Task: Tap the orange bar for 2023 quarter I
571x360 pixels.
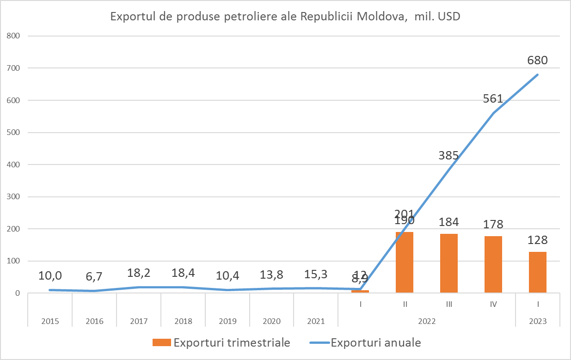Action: [537, 272]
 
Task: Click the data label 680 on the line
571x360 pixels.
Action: [537, 61]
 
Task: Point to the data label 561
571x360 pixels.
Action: [493, 98]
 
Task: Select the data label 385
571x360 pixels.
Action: [448, 156]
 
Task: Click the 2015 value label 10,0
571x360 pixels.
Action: [50, 276]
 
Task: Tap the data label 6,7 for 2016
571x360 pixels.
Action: [94, 276]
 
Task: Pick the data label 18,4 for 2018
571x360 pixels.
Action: [183, 273]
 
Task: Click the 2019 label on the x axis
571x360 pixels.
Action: [227, 321]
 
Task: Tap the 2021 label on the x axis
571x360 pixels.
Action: [316, 321]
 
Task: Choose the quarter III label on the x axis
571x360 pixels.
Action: [448, 305]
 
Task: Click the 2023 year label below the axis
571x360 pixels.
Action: [537, 321]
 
